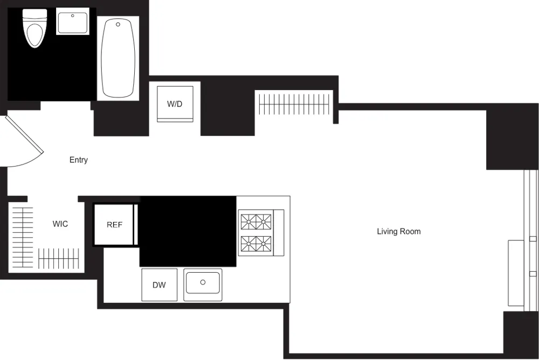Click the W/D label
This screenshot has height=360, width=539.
point(175,104)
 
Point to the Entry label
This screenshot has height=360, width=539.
point(79,160)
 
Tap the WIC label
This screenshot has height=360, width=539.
point(60,224)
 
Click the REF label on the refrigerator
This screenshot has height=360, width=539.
point(114,225)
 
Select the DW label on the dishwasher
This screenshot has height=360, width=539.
point(159,285)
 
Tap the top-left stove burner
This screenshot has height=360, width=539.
point(248,220)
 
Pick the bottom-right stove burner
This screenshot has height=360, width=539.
point(264,245)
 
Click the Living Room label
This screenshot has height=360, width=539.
point(398,232)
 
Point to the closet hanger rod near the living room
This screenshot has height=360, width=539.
point(294,104)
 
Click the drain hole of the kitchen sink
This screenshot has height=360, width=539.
point(203,282)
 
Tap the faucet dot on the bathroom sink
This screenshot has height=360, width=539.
point(73,16)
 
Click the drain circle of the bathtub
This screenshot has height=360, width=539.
point(118,24)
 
